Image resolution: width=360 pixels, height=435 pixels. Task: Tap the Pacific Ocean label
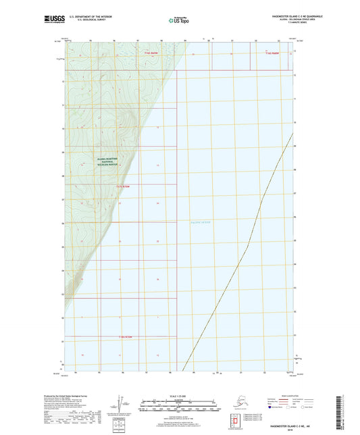pos(201,222)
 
